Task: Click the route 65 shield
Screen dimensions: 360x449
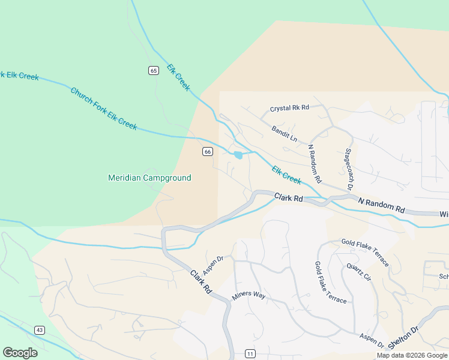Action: pyautogui.click(x=154, y=71)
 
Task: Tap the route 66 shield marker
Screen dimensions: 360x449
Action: pyautogui.click(x=207, y=151)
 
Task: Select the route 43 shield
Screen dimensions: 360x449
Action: pyautogui.click(x=40, y=330)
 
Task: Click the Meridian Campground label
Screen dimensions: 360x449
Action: pyautogui.click(x=149, y=178)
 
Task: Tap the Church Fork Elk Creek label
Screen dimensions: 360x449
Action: pyautogui.click(x=104, y=109)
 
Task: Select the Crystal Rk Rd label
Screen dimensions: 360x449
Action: pyautogui.click(x=289, y=108)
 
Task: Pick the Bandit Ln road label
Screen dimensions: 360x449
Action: pyautogui.click(x=284, y=134)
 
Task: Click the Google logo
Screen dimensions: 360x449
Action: pyautogui.click(x=20, y=353)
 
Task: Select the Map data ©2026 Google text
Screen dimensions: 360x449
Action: pyautogui.click(x=411, y=355)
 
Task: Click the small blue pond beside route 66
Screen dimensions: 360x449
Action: pyautogui.click(x=238, y=155)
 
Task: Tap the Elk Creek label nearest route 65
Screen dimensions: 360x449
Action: pyautogui.click(x=178, y=77)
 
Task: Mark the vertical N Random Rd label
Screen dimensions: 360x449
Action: pyautogui.click(x=315, y=163)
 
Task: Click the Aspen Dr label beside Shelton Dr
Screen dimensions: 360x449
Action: pyautogui.click(x=372, y=341)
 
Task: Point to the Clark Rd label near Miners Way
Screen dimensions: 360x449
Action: pyautogui.click(x=202, y=281)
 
